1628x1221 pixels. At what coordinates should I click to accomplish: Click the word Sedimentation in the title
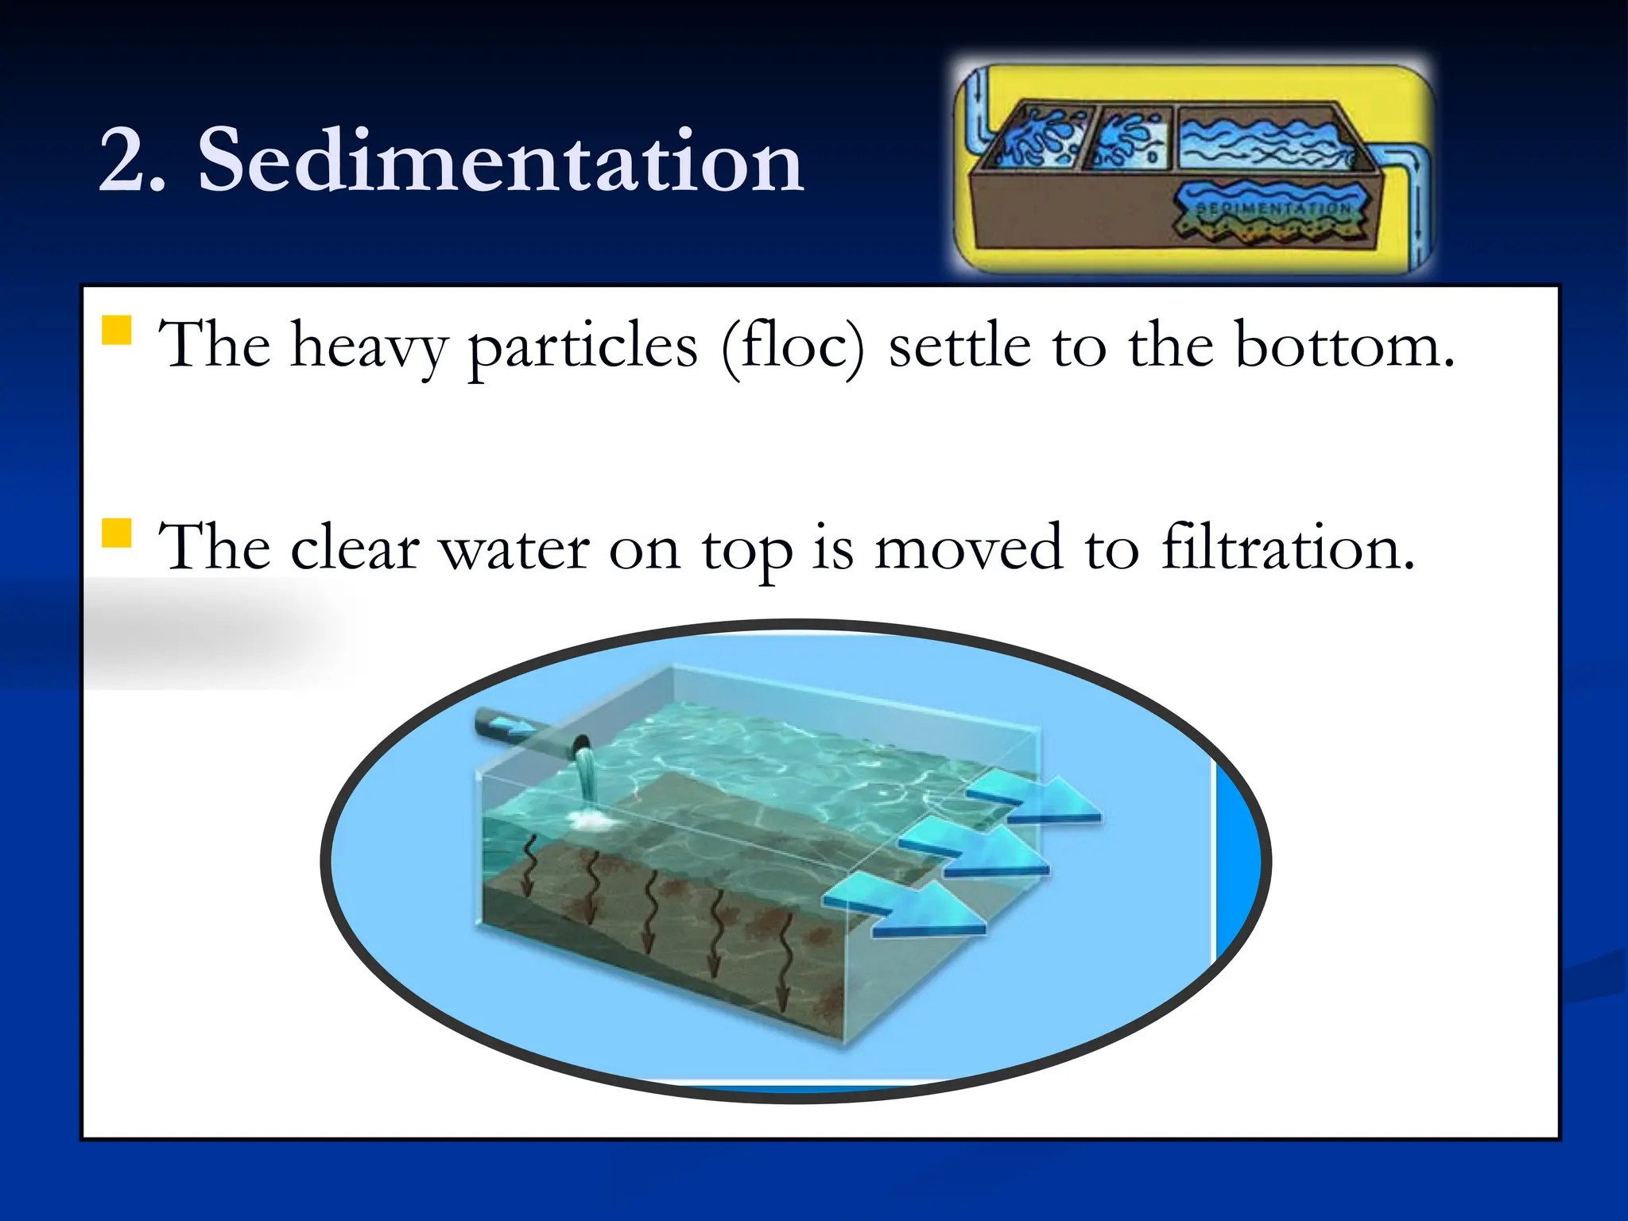[501, 161]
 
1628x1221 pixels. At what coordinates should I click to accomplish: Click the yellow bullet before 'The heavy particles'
[117, 330]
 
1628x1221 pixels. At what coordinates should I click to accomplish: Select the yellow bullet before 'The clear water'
[117, 533]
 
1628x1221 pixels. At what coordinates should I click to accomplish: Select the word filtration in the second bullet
[1288, 547]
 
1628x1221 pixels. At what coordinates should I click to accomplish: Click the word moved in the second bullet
[968, 547]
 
